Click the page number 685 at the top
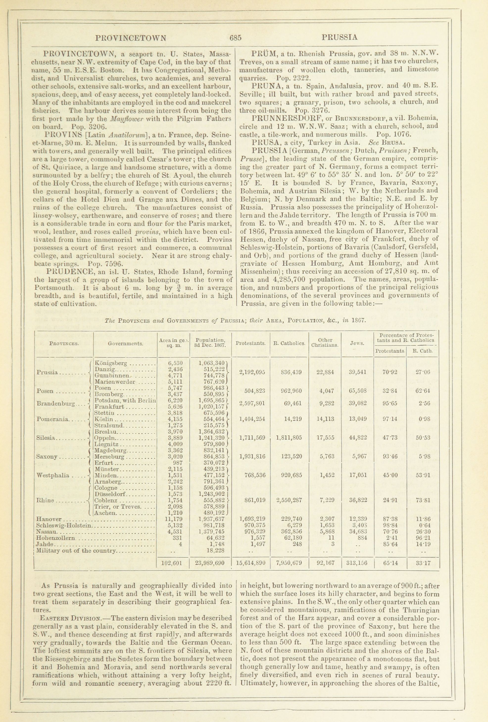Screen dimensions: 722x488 (x=236, y=38)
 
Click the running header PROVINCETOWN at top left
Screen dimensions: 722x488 (x=131, y=38)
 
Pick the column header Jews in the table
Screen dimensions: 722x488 (x=357, y=343)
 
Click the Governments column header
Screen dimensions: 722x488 (x=125, y=344)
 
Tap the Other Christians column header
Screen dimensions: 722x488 (x=325, y=342)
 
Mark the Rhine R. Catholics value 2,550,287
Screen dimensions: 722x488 (x=289, y=500)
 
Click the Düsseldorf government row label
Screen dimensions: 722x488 (x=109, y=494)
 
